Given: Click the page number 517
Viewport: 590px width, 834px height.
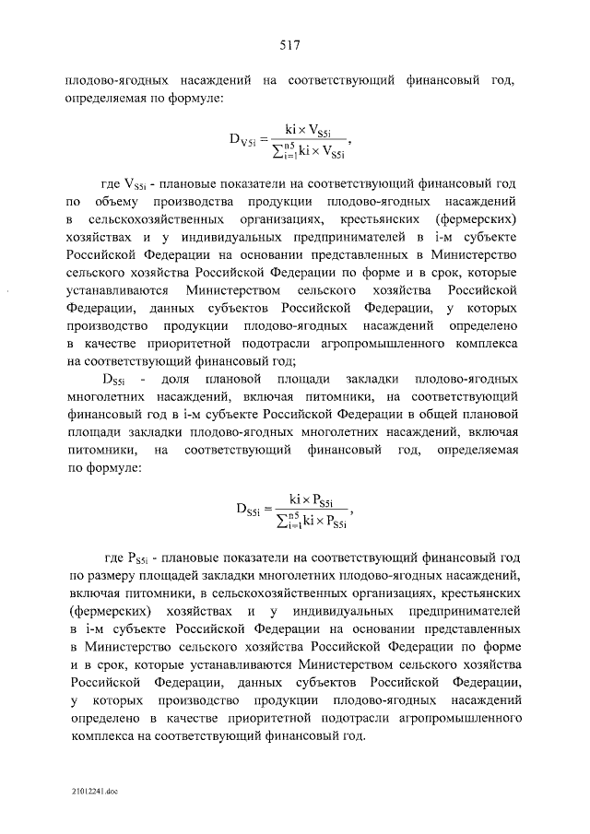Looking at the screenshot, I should coord(294,43).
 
